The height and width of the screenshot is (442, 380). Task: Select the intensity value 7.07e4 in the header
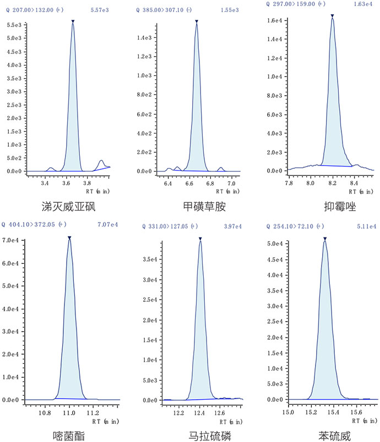click(x=106, y=225)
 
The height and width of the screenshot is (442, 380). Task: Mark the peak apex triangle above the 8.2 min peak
click(x=333, y=16)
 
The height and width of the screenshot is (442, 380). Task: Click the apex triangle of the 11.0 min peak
click(x=69, y=238)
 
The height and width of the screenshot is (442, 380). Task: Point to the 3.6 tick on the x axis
click(x=67, y=179)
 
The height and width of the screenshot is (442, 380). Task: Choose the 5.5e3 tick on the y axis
click(x=13, y=25)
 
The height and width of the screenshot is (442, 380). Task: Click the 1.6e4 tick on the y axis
click(x=275, y=21)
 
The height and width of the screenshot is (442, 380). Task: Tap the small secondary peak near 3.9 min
click(x=101, y=162)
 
